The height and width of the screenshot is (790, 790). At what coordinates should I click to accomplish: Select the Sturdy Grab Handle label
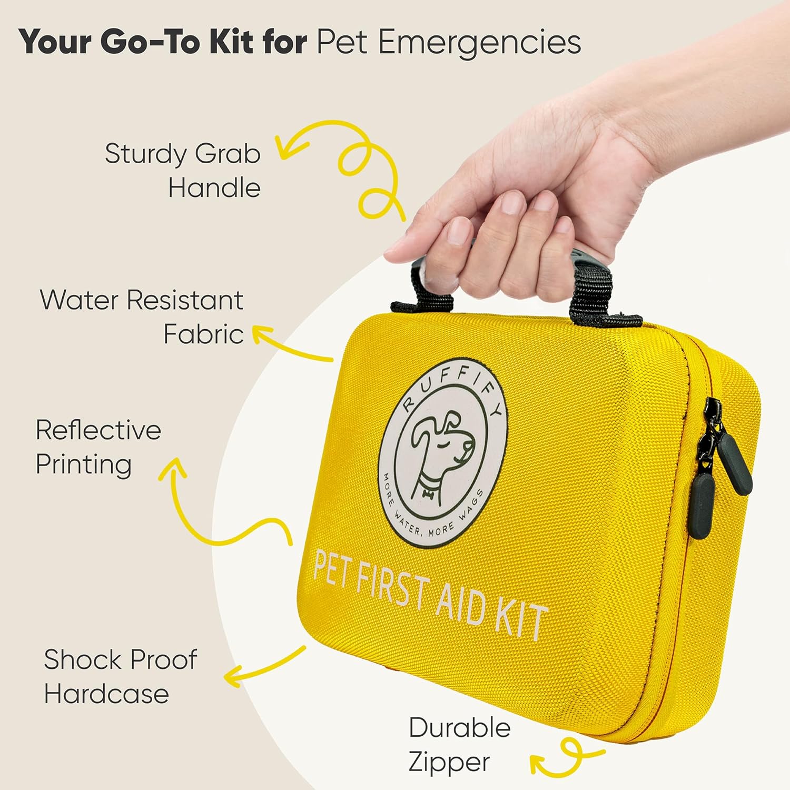[x=183, y=171]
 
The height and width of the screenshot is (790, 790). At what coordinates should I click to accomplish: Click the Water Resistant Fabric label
[x=142, y=317]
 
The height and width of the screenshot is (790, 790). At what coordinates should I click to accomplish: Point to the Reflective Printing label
[x=98, y=448]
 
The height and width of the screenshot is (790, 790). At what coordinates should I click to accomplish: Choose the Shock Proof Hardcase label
[x=120, y=676]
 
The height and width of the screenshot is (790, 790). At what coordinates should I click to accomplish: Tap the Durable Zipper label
[x=459, y=745]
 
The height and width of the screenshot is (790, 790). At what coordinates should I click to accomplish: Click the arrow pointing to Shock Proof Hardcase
[x=263, y=667]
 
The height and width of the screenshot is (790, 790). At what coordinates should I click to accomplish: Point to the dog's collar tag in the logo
[x=427, y=494]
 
